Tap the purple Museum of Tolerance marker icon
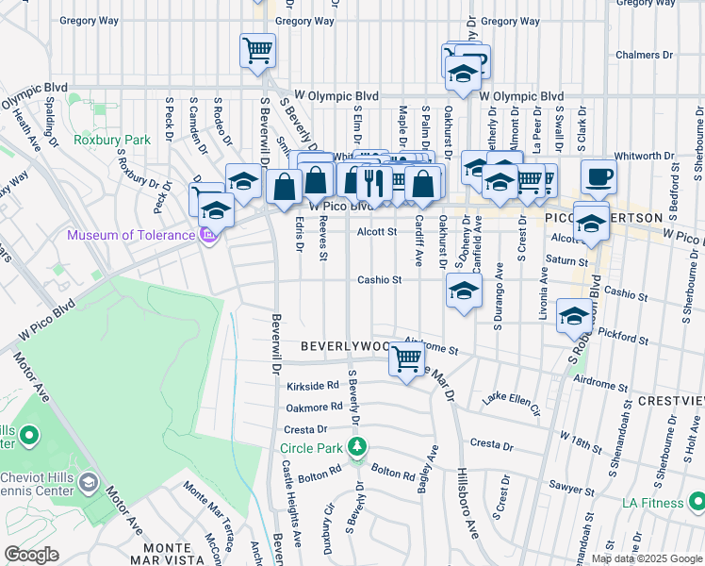coord(209,235)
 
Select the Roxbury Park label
coord(112,140)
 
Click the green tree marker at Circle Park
coord(356,446)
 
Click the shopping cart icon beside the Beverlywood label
coord(406,358)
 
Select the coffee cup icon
coord(598,175)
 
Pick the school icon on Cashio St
coord(464,291)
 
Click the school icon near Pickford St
coord(573,316)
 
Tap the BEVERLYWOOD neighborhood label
coord(344,346)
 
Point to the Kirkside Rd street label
coord(312,386)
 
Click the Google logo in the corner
coord(32,554)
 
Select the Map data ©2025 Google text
coord(647,558)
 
